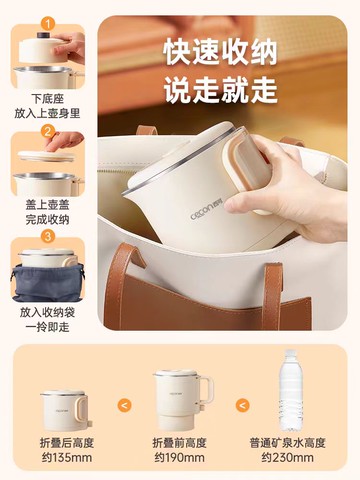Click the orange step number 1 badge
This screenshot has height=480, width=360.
pos(48,24)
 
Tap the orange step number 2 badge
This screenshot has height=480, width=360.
pos(48,131)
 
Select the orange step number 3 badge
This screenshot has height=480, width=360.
pos(48,236)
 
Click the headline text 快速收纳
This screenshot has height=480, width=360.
pos(220,53)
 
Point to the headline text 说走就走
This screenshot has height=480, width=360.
pos(220,89)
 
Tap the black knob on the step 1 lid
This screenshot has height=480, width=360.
pos(43,35)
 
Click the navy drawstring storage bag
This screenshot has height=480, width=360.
pos(48,283)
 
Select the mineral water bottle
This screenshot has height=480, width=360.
pos(290,390)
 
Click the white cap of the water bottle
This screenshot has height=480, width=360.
pos(290,353)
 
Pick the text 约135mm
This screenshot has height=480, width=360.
pos(67,457)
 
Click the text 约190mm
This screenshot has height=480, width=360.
pos(179,457)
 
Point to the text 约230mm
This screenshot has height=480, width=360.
pos(287,457)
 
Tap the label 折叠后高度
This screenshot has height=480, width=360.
pos(67,443)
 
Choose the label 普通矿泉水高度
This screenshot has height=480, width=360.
pos(287,443)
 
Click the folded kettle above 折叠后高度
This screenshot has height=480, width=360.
pos(66,411)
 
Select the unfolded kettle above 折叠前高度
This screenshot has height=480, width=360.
pos(183,399)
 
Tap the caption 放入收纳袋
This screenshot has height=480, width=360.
pos(47,312)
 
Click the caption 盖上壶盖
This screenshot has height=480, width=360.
pos(47,205)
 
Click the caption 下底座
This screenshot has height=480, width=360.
pos(47,99)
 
